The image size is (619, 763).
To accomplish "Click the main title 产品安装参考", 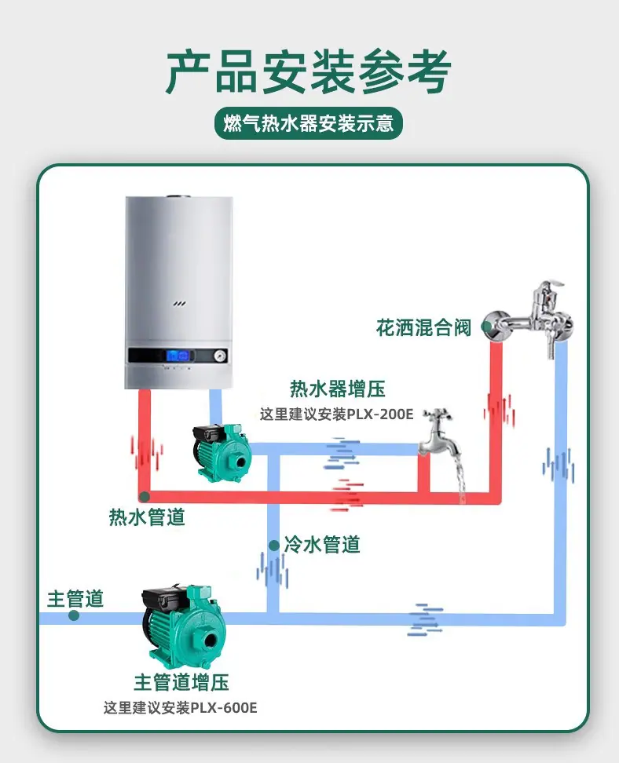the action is click(308, 71).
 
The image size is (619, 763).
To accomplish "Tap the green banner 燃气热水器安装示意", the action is click(309, 123).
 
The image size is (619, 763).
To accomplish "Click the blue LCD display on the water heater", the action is click(178, 356).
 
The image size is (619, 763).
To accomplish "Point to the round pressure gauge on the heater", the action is click(220, 356).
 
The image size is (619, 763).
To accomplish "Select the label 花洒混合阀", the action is click(423, 327).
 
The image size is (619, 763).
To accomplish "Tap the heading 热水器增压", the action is click(338, 389).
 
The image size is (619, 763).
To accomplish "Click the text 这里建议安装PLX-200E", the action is click(336, 414).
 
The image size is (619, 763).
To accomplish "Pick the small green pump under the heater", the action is click(222, 453).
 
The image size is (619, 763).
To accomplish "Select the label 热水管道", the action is click(147, 517).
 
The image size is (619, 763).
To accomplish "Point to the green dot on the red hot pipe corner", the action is click(145, 497).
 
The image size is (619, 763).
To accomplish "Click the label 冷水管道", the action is click(322, 545).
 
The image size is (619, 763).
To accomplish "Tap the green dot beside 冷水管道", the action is click(273, 546).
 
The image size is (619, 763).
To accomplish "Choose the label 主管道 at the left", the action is click(75, 599).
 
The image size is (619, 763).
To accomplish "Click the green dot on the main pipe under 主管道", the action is click(74, 615).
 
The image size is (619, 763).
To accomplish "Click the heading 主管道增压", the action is click(181, 682).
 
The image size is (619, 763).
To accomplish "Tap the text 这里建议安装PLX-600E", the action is click(180, 707).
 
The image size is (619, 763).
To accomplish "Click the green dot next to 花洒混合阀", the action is click(486, 326).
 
